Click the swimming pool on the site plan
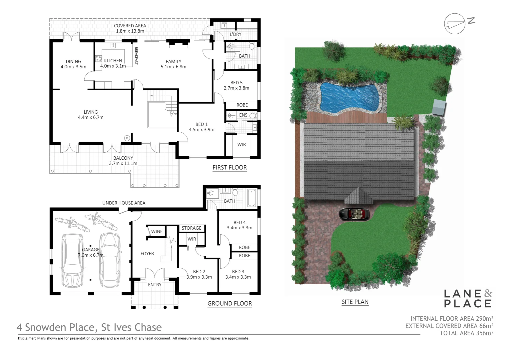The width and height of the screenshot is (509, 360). click(x=350, y=97)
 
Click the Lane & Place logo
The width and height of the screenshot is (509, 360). click(x=468, y=298)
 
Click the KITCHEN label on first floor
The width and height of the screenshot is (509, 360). click(x=113, y=61)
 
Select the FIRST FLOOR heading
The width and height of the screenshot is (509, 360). click(x=230, y=167)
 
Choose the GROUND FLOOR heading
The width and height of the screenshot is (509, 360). click(x=230, y=303)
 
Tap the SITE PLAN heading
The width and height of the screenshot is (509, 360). click(x=355, y=302)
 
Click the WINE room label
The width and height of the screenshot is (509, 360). click(x=157, y=231)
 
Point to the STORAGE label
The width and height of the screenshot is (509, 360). click(x=192, y=228)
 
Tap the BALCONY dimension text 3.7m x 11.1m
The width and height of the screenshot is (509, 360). click(x=123, y=163)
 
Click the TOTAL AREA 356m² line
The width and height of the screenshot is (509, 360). click(x=466, y=333)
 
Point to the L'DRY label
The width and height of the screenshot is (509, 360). click(x=236, y=34)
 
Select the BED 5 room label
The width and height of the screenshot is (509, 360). click(x=236, y=83)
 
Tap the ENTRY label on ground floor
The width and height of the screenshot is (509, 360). click(x=155, y=285)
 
